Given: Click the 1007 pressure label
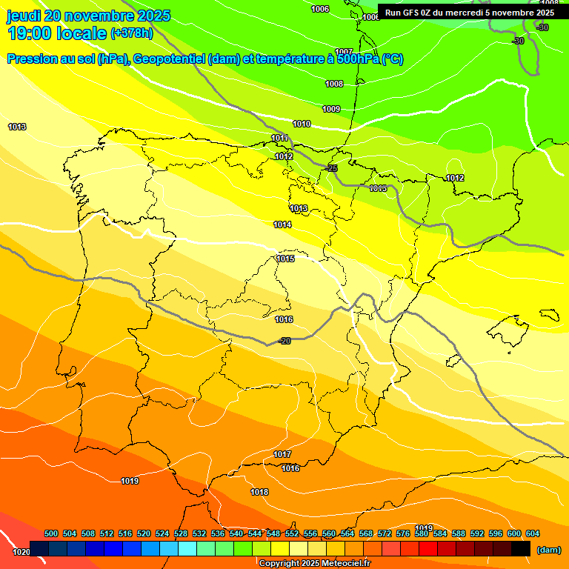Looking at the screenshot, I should (x=343, y=52).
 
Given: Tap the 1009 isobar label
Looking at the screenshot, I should (x=331, y=110).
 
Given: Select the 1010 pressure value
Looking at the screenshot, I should (x=302, y=124).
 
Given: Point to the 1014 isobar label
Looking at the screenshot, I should (x=282, y=224).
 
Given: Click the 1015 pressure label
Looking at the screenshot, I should (x=286, y=259).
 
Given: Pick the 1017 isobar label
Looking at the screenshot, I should (x=282, y=454).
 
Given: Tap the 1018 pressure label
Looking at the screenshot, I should (x=259, y=493).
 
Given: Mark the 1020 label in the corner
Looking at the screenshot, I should (x=21, y=552).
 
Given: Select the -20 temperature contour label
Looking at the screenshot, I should (x=284, y=341).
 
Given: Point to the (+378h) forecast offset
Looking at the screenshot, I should (x=131, y=33).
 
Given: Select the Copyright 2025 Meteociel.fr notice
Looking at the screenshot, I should (x=314, y=564).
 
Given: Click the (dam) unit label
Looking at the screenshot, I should (x=548, y=550).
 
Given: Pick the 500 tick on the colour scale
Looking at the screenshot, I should (x=51, y=534).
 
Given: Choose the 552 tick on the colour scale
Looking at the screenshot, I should (x=292, y=534).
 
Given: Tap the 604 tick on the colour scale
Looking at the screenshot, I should (x=532, y=534).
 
